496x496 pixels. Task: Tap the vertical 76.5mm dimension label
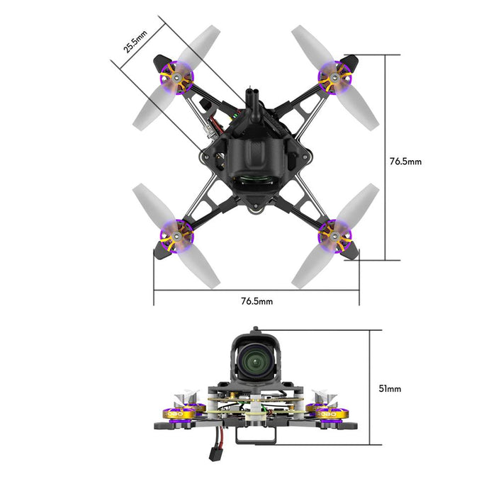[x=405, y=162]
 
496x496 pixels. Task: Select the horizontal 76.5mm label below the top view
[x=257, y=301]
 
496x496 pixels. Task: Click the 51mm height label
[x=390, y=388]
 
